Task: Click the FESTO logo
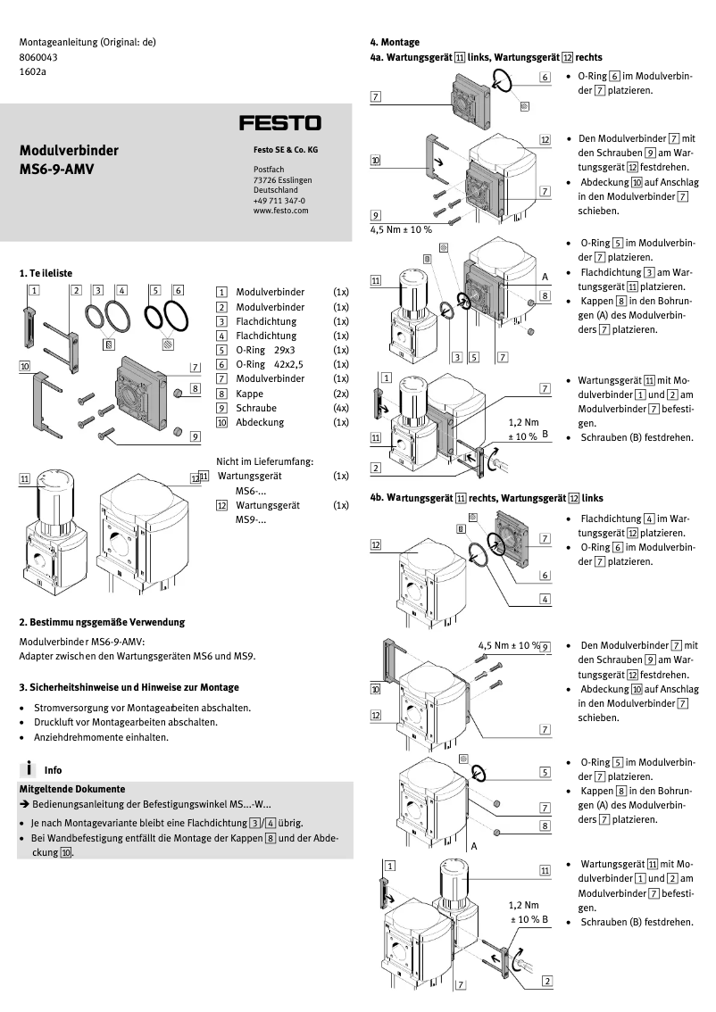pos(279,122)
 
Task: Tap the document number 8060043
pos(39,56)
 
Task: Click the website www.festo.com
pos(280,211)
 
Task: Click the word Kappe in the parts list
pos(250,393)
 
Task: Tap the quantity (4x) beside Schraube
pos(340,407)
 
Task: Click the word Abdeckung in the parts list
pos(260,421)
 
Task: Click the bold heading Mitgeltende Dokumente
pos(71,789)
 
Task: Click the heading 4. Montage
pos(395,42)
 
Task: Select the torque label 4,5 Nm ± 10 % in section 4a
pos(401,229)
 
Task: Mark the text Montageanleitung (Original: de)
pos(87,42)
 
